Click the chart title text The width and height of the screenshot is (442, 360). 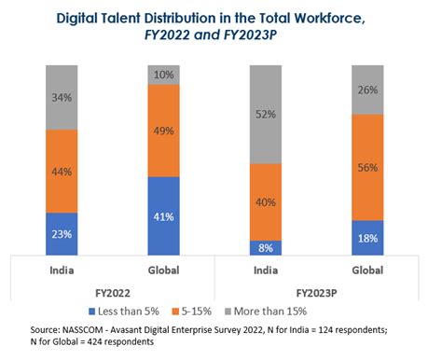(221, 27)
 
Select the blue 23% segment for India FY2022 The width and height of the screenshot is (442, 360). (62, 234)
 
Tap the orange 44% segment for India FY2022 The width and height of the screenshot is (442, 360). (62, 171)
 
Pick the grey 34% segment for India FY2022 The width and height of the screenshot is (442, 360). (62, 97)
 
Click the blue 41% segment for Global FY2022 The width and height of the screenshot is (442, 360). (164, 216)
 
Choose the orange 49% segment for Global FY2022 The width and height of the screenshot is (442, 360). (164, 131)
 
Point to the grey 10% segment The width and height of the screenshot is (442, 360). (164, 75)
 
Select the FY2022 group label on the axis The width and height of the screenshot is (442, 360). (113, 290)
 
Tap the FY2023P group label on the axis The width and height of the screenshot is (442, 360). (317, 290)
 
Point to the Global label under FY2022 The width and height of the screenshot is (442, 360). (164, 270)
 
